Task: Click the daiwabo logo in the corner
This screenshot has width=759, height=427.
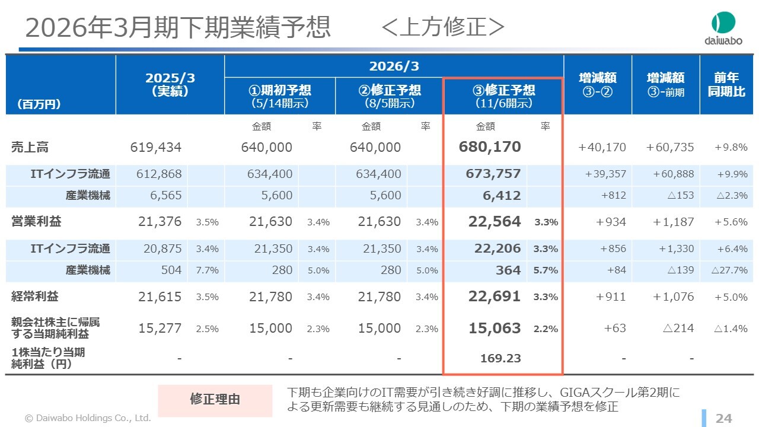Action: pos(723,29)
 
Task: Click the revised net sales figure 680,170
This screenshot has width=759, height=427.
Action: pos(490,147)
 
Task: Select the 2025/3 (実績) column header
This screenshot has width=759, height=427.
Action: pos(170,85)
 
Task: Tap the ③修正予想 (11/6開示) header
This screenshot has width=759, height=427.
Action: pos(503,95)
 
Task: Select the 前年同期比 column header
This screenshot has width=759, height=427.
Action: pos(726,85)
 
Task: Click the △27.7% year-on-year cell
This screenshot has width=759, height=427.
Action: pos(730,270)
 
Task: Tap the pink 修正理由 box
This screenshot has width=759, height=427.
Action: pos(215,399)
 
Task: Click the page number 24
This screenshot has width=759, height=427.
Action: pos(723,419)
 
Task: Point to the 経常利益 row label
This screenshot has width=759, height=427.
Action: pos(35,296)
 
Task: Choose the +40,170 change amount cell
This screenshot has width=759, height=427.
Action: pos(602,147)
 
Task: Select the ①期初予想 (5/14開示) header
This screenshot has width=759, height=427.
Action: pos(280,95)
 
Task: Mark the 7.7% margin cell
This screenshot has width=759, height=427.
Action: pos(207,270)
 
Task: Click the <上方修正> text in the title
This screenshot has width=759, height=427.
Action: pos(443,27)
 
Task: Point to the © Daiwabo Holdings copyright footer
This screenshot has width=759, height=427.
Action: pos(88,418)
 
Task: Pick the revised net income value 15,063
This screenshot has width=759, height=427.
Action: pos(495,328)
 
